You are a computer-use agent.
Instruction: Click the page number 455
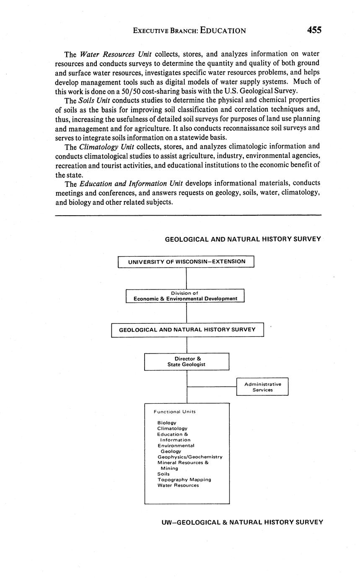pyautogui.click(x=314, y=30)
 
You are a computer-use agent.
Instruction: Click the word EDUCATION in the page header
pyautogui.click(x=223, y=31)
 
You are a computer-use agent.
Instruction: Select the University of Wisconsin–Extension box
pyautogui.click(x=186, y=262)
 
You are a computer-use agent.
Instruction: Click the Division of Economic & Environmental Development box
pyautogui.click(x=185, y=296)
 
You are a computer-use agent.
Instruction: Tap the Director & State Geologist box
pyautogui.click(x=187, y=361)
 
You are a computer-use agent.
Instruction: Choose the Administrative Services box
pyautogui.click(x=262, y=387)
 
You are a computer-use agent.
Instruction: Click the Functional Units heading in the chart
pyautogui.click(x=174, y=412)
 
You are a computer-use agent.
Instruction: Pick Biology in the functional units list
pyautogui.click(x=167, y=423)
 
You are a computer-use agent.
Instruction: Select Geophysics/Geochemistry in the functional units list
pyautogui.click(x=190, y=457)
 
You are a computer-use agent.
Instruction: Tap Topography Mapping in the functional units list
pyautogui.click(x=184, y=480)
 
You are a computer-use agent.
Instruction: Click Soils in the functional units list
pyautogui.click(x=163, y=474)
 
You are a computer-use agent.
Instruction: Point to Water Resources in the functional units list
pyautogui.click(x=178, y=485)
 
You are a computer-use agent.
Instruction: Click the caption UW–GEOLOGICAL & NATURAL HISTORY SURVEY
pyautogui.click(x=242, y=522)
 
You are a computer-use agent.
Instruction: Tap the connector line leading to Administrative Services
pyautogui.click(x=212, y=387)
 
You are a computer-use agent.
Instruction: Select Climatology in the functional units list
pyautogui.click(x=172, y=428)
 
